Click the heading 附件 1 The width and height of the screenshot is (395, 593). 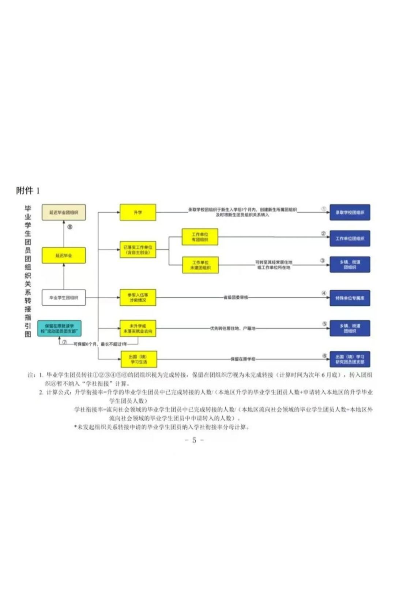coord(28,190)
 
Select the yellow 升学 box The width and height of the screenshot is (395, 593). coord(138,212)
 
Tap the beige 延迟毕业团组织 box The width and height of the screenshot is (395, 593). coord(64,212)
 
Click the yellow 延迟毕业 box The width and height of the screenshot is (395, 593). coord(64,255)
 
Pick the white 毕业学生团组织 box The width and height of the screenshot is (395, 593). coord(64,298)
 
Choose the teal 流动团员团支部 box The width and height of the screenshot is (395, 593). coord(59,328)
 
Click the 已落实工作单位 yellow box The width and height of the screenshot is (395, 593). coord(138,250)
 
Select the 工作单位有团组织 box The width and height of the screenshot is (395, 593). coord(200,237)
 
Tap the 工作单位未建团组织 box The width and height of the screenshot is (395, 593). coord(200,265)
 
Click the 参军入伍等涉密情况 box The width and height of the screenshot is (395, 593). coord(138,297)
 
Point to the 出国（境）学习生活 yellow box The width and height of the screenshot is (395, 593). coord(139,359)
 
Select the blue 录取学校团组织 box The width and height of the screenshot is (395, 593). coord(350,212)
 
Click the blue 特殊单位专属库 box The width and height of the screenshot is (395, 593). coord(350,298)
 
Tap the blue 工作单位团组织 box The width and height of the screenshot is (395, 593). coord(350,238)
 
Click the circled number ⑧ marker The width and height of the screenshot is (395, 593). coord(70,227)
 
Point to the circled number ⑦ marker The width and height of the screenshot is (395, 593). coord(64,342)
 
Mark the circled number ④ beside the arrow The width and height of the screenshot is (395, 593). coord(324,293)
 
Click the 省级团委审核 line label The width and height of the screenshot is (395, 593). coord(236,297)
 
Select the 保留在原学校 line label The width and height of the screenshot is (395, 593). coord(243,359)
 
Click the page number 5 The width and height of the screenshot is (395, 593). coord(194,440)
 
